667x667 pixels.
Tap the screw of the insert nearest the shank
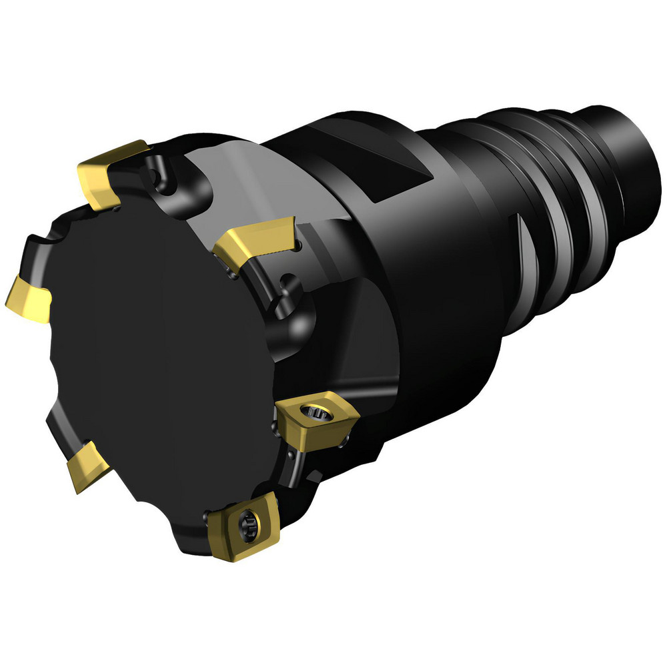coord(313,414)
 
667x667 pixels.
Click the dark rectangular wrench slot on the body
coord(400,167)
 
